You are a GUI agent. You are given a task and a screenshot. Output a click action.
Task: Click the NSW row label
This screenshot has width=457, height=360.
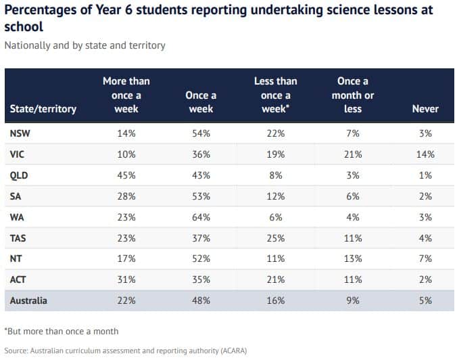click(x=20, y=133)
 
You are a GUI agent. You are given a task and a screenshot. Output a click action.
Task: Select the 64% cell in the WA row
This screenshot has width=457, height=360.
click(x=201, y=217)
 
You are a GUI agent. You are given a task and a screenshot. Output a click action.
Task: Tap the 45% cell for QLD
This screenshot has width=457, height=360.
click(x=126, y=175)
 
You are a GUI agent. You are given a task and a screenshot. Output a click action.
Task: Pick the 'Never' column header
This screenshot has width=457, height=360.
click(x=425, y=108)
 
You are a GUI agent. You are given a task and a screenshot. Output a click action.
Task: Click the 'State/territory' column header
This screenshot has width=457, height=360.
click(x=43, y=108)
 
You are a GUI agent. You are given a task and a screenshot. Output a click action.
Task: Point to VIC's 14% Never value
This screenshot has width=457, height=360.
click(x=425, y=154)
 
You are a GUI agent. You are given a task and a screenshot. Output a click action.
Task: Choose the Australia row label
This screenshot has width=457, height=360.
click(x=28, y=300)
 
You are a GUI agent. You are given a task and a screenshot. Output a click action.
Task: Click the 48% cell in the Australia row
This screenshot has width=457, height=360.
click(x=201, y=300)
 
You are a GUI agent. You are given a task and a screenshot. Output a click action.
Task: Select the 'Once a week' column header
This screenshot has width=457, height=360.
click(x=201, y=102)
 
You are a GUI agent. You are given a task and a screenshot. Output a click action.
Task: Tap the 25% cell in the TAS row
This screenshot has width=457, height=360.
click(x=276, y=238)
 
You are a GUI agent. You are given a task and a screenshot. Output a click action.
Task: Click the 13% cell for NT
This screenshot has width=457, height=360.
click(x=352, y=259)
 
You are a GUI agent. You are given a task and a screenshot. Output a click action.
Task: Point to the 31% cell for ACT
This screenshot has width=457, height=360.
click(x=126, y=280)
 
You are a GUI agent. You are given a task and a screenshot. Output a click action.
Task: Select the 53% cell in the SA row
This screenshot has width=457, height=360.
click(x=201, y=196)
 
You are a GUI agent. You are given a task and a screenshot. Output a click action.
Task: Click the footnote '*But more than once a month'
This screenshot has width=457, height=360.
click(x=62, y=331)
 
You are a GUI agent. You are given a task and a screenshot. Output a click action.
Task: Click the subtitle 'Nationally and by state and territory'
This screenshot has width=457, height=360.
click(x=85, y=46)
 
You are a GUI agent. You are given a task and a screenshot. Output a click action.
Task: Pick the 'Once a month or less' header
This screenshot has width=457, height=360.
click(x=352, y=95)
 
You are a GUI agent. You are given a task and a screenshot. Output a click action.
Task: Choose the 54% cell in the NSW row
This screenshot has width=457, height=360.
click(x=201, y=133)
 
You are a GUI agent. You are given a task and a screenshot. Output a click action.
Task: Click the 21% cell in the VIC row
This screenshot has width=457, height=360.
click(x=352, y=154)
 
